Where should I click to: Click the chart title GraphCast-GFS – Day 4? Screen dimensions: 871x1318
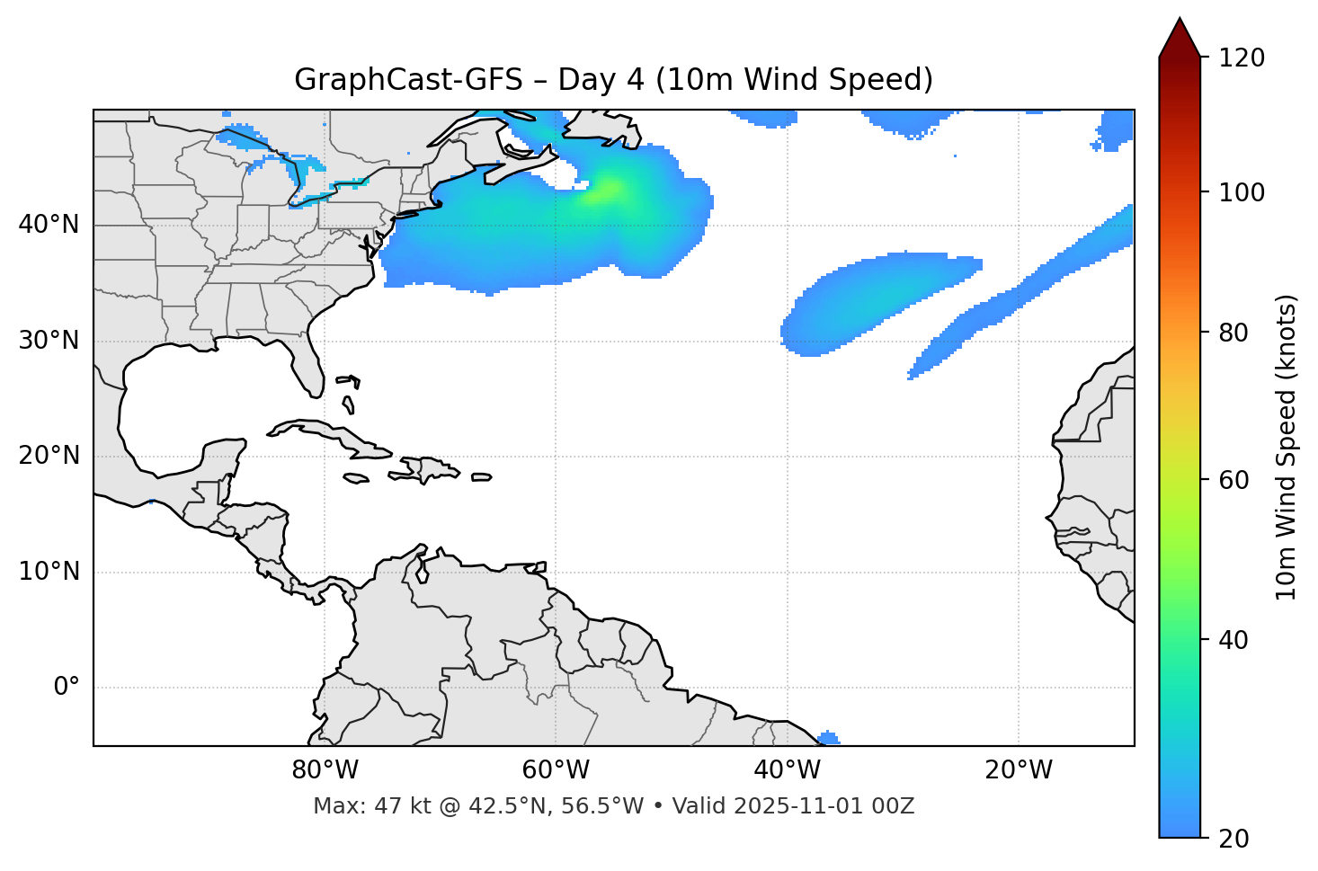613,80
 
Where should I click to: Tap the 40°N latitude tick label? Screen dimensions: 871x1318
49,225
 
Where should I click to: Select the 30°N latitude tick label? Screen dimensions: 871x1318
49,341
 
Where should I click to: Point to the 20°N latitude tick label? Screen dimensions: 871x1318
49,456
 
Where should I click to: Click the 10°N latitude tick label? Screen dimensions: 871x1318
49,572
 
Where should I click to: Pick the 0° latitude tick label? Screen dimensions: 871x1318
67,688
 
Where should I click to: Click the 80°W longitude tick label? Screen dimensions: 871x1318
325,770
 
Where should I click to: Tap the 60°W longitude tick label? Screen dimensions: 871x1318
556,770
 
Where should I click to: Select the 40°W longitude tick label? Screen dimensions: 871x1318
787,770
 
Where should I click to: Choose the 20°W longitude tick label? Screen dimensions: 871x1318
1018,770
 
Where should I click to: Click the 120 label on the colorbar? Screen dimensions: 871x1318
1241,58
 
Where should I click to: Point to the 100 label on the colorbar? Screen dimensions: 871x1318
1241,192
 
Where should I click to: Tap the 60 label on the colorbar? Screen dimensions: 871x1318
1233,480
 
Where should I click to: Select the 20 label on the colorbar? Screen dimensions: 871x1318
1233,839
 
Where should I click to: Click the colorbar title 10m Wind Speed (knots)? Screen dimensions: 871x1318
1287,448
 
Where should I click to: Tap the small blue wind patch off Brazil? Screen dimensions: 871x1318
828,738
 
